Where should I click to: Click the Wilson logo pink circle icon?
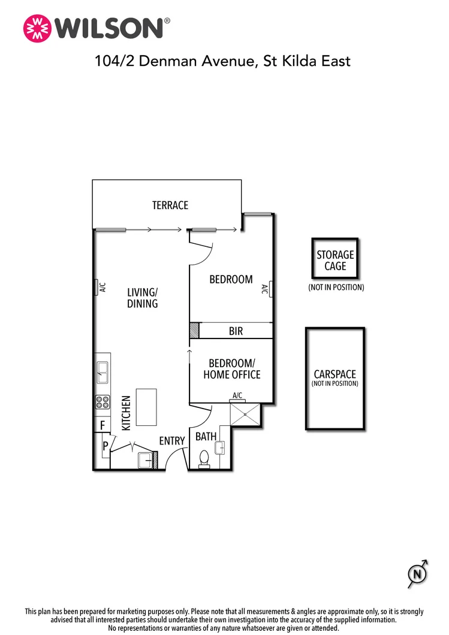37,28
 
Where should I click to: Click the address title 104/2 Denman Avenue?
222,61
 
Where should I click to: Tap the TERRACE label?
170,205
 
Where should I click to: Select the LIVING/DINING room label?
142,298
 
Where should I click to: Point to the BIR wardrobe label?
236,331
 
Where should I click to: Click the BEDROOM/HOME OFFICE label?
231,369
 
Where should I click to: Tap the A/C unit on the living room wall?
98,288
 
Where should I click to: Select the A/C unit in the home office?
237,395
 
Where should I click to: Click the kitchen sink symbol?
103,373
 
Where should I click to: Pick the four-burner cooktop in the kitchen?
103,403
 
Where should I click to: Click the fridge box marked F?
103,425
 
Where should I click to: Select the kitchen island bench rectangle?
146,407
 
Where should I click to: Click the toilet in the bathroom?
204,458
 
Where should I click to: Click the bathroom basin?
220,447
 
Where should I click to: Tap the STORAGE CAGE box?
335,260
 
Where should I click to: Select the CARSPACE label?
335,377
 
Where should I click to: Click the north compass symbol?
418,576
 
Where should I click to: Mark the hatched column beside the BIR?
194,331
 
